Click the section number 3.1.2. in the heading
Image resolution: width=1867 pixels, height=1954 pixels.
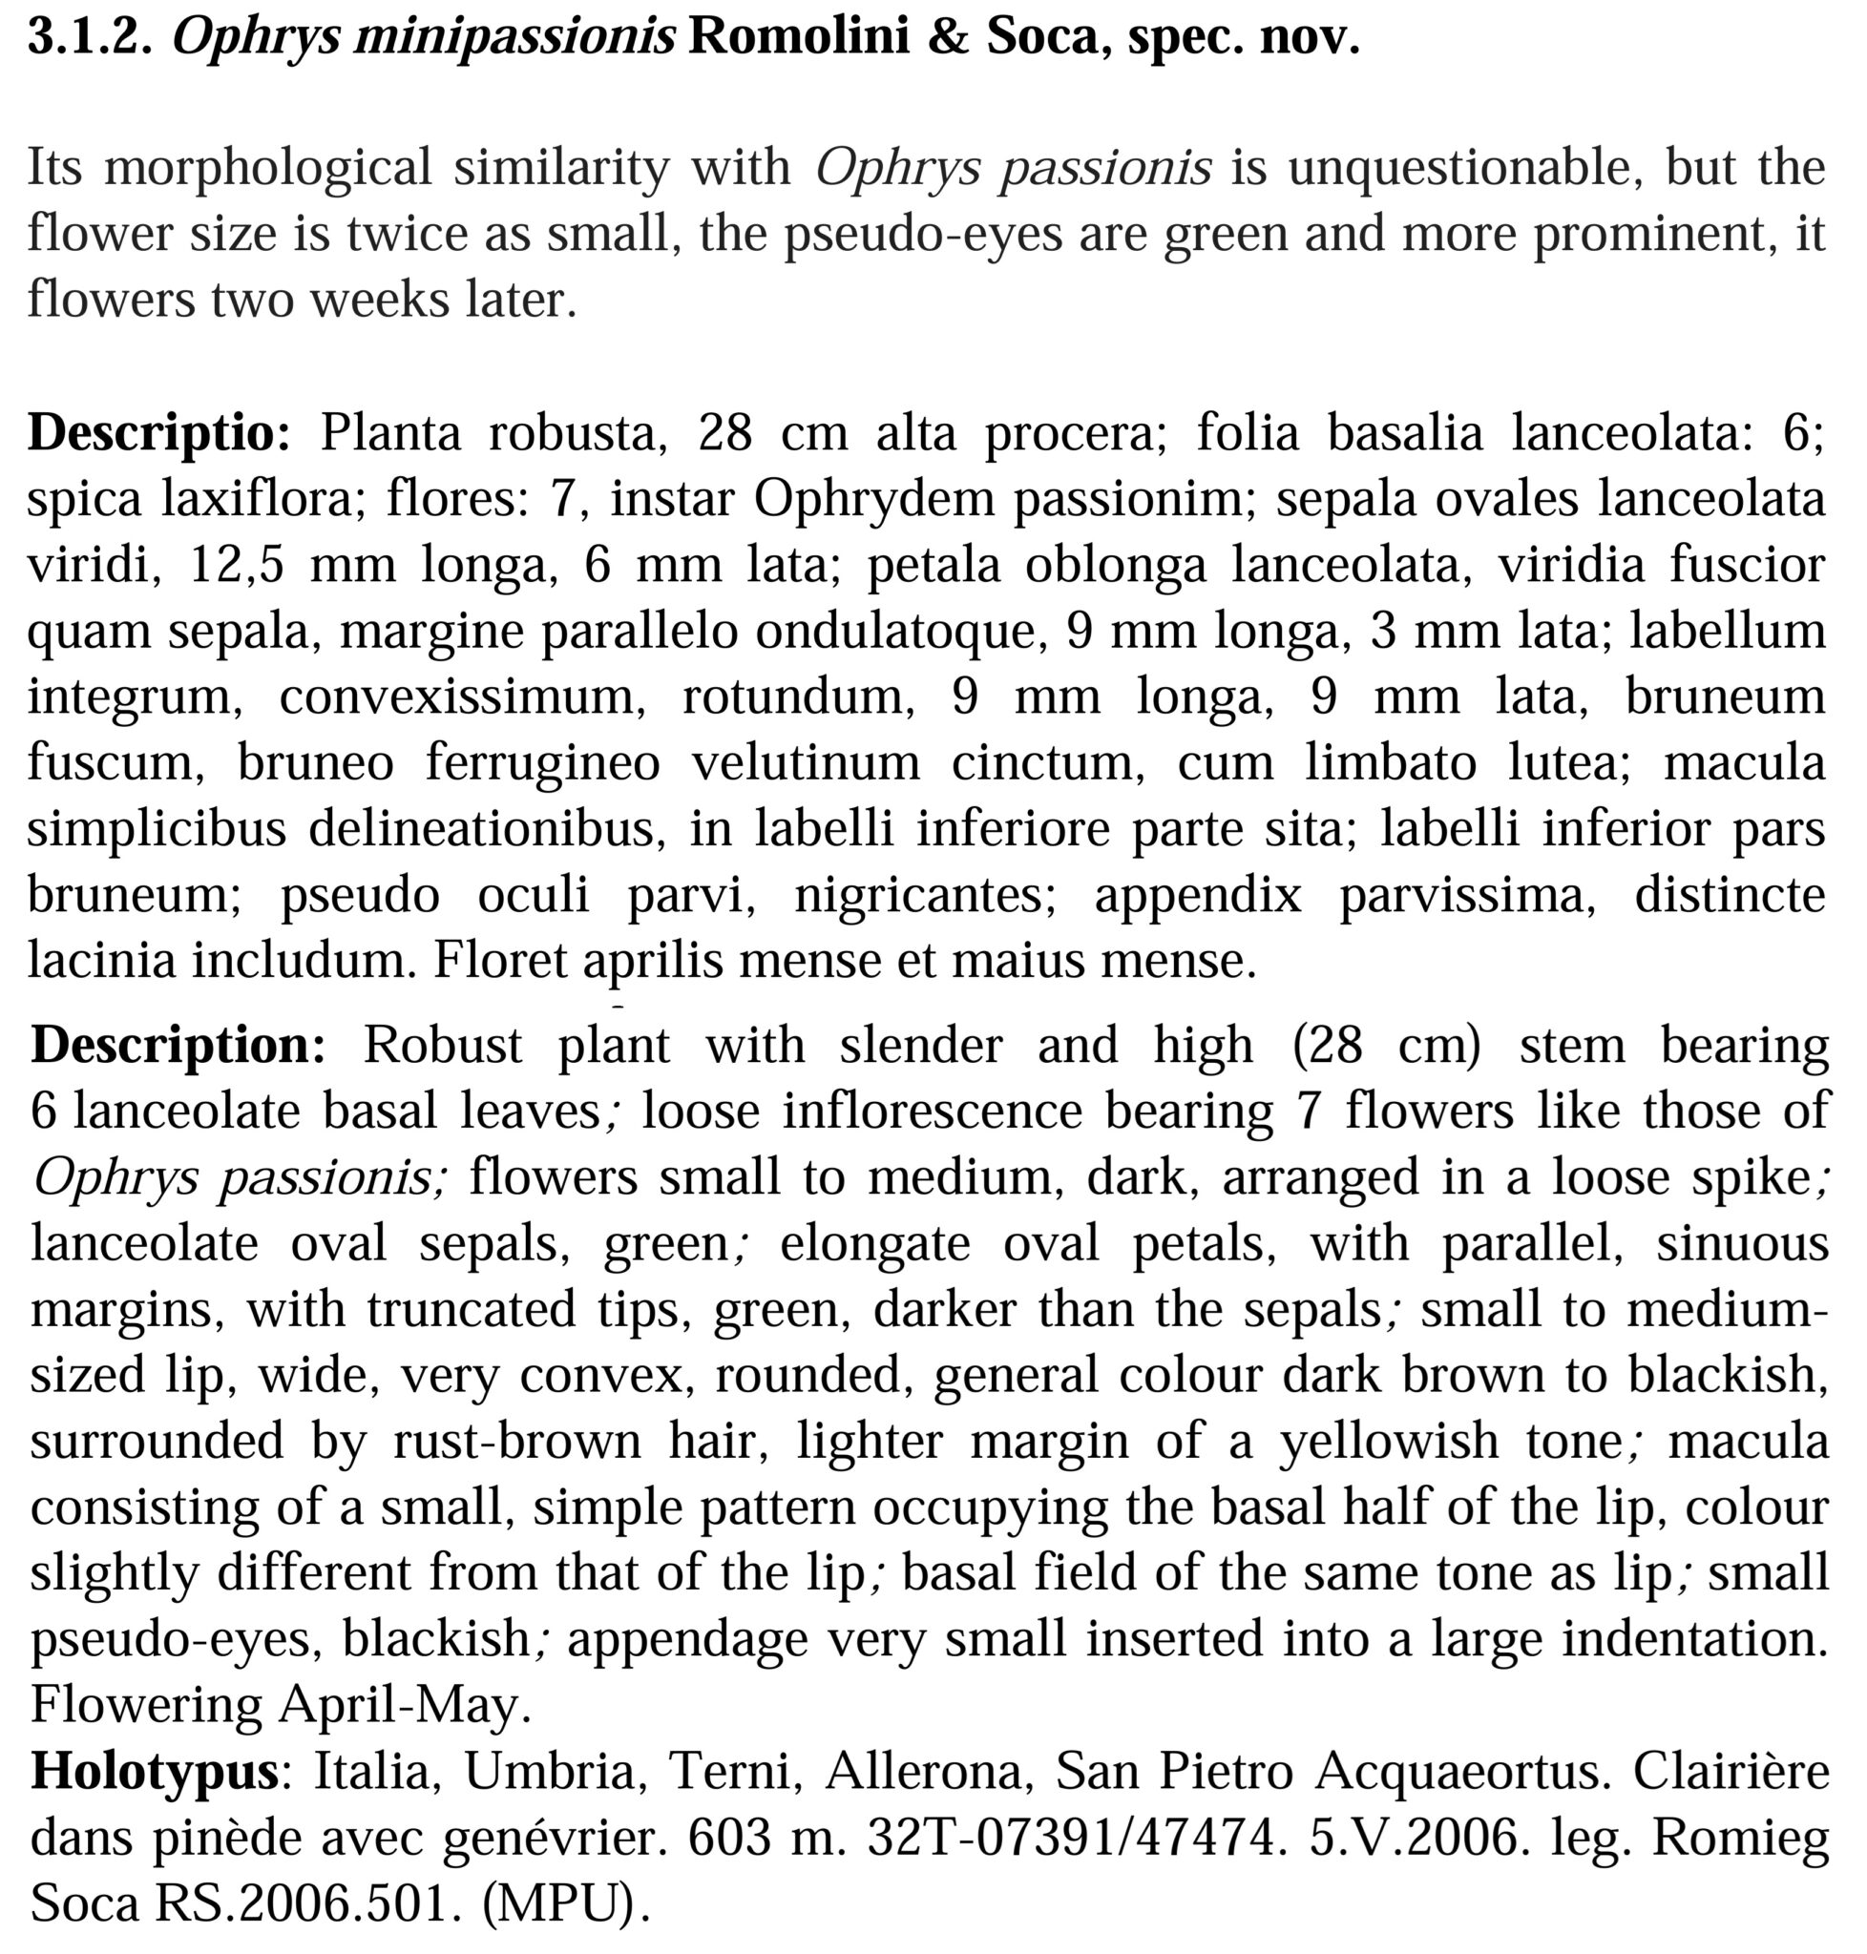(90, 38)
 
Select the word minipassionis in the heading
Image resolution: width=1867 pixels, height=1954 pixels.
(514, 38)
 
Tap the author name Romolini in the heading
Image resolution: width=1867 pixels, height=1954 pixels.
(798, 38)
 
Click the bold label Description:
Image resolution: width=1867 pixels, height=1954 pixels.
(178, 1045)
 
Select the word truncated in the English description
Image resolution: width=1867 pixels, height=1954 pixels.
(472, 1308)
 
